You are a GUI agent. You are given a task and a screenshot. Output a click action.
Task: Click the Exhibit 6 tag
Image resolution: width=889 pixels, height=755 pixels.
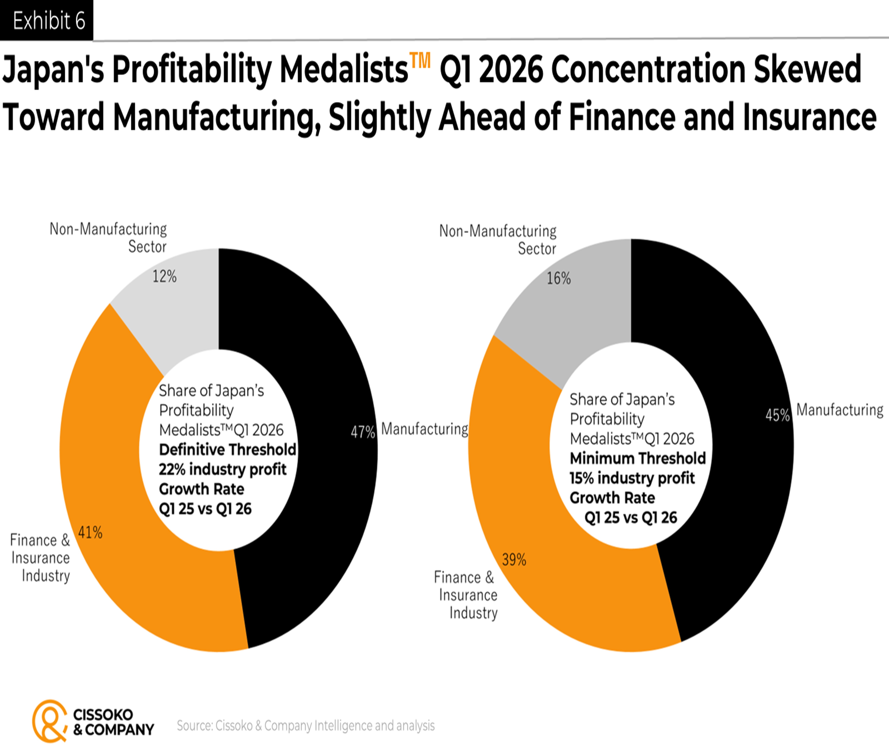tap(46, 20)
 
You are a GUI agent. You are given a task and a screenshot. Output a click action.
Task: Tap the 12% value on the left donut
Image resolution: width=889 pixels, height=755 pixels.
tap(165, 276)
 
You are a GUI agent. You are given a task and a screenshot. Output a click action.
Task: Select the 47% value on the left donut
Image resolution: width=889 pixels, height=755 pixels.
tap(363, 432)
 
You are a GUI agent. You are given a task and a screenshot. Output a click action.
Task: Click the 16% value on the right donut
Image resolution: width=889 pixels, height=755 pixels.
tap(559, 279)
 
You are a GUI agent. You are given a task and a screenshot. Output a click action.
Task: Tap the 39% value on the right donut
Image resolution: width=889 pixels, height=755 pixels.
tap(514, 559)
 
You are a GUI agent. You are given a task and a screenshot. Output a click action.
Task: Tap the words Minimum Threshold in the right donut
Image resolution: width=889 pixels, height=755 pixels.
tap(637, 458)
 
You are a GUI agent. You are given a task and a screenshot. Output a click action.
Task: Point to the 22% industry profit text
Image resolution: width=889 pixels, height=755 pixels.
tap(222, 470)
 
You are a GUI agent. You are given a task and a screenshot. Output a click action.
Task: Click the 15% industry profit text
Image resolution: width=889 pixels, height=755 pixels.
tap(632, 478)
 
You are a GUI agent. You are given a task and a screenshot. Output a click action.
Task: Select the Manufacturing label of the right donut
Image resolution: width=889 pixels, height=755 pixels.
tap(839, 410)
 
